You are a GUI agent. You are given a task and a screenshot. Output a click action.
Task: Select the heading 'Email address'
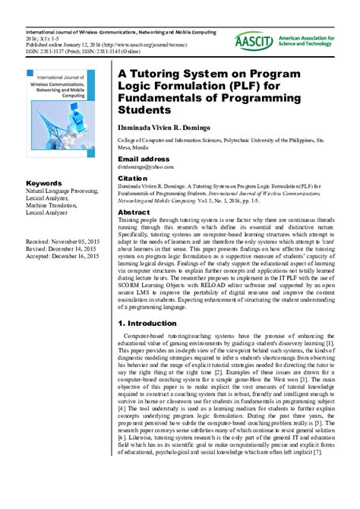[x=144, y=158]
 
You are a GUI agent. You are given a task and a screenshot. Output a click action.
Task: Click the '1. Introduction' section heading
[x=149, y=322]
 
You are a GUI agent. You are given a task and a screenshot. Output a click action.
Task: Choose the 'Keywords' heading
[x=43, y=183]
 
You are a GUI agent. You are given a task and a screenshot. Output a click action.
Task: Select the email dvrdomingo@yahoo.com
[x=145, y=166]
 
